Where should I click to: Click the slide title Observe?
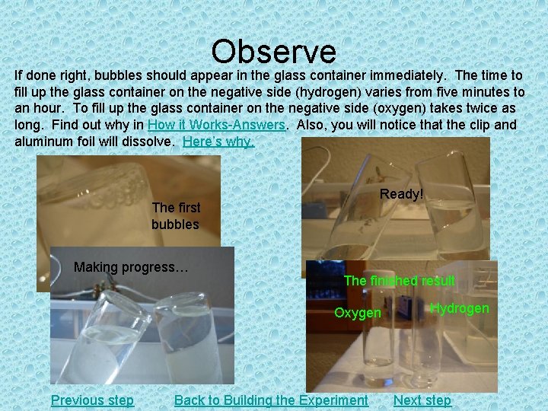point(273,51)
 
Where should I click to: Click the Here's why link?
point(218,142)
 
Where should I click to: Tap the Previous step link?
point(92,400)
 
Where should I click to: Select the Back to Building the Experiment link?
point(271,400)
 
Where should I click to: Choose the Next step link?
point(422,400)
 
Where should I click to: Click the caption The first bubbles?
point(175,215)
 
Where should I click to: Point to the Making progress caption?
point(131,267)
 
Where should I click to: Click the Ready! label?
point(401,194)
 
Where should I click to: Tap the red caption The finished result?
point(399,281)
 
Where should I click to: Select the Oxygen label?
point(358,313)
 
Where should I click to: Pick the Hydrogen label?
point(459,308)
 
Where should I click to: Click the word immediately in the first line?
point(416,75)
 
